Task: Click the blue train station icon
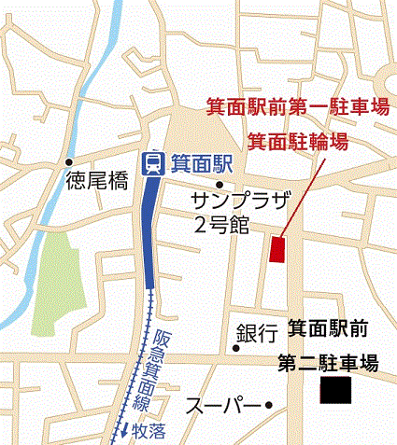[151, 164]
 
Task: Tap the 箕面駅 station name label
[199, 164]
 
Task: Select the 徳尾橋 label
[97, 183]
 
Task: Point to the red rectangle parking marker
[276, 250]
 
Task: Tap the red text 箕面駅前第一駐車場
[296, 106]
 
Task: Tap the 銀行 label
[257, 333]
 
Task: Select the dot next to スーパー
[268, 405]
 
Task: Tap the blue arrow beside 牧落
[123, 430]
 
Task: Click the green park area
[59, 279]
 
